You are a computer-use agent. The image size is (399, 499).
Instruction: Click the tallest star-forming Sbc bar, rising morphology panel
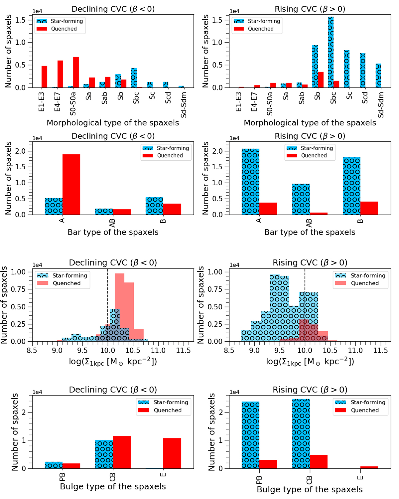(x=331, y=50)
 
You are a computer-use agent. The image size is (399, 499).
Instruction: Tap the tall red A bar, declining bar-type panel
(x=71, y=185)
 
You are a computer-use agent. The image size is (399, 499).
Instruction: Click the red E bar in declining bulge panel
(x=172, y=453)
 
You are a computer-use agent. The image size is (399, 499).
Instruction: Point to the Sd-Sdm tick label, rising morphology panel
(x=381, y=105)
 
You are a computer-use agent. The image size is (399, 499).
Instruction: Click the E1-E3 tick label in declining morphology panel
(x=41, y=102)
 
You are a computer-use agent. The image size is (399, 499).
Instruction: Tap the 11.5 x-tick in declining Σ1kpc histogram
(x=183, y=350)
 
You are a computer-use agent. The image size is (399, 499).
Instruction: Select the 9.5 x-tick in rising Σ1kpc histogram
(x=280, y=350)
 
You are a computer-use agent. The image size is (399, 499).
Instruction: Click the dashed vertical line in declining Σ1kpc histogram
(x=108, y=299)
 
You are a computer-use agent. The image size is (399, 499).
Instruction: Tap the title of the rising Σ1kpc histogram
(x=310, y=263)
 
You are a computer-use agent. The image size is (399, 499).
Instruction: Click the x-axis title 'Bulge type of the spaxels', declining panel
(x=113, y=487)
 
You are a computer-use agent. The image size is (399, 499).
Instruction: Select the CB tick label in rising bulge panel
(x=309, y=480)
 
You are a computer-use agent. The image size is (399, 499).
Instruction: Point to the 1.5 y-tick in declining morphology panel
(x=20, y=20)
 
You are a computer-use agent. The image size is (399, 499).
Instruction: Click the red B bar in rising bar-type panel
(x=369, y=208)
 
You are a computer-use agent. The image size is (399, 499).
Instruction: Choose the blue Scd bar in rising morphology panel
(x=362, y=70)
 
